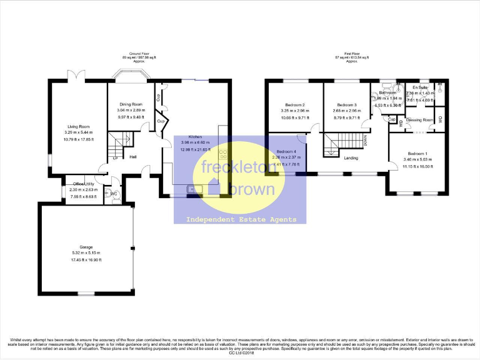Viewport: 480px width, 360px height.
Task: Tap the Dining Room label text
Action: click(131, 104)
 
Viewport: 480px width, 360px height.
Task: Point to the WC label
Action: click(114, 194)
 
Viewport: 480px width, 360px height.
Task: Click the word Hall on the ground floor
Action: click(133, 157)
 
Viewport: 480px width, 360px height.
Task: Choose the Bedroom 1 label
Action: click(417, 153)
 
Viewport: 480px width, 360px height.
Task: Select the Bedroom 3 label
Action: click(346, 104)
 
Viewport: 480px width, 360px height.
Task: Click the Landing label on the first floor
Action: click(351, 158)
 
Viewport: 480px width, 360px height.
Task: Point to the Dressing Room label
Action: click(420, 119)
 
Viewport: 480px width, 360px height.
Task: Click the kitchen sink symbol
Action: click(192, 188)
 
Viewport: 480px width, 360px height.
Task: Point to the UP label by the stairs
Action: click(116, 158)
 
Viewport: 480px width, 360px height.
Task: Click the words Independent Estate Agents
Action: click(240, 219)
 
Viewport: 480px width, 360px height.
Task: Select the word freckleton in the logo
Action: click(230, 168)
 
